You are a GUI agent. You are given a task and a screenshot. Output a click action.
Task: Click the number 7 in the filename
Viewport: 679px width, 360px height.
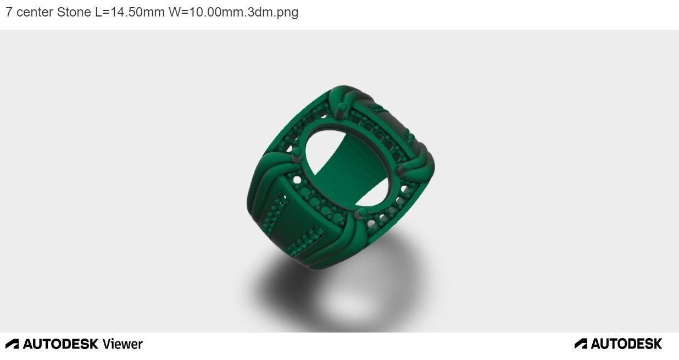pyautogui.click(x=9, y=12)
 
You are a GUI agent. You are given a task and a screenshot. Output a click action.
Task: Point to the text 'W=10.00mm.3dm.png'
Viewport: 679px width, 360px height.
pyautogui.click(x=233, y=12)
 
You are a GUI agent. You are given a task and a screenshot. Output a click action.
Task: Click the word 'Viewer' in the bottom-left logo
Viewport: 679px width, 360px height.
pyautogui.click(x=122, y=344)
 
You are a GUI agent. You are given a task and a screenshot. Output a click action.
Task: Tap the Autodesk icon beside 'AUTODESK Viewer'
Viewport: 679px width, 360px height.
pyautogui.click(x=12, y=344)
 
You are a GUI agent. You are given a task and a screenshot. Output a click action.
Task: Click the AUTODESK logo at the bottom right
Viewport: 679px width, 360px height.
pyautogui.click(x=618, y=344)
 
